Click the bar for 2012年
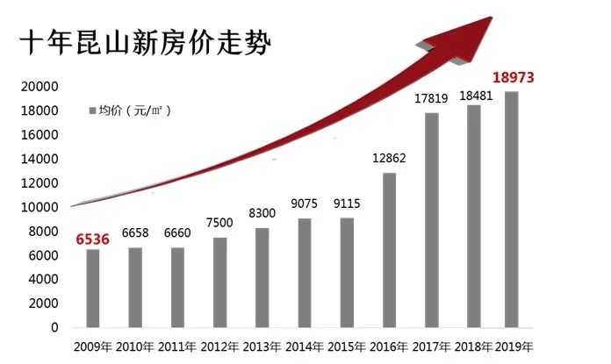[x=219, y=282]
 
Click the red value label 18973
[x=514, y=79]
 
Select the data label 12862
[x=389, y=160]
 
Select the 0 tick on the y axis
[x=54, y=327]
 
